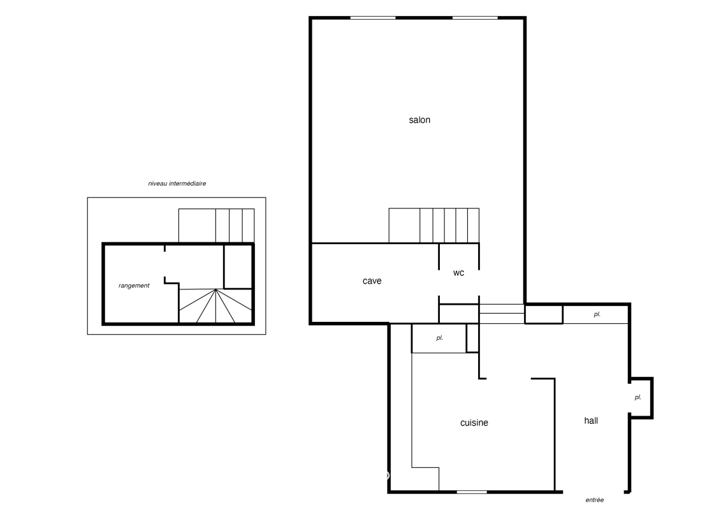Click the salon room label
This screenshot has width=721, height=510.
click(419, 120)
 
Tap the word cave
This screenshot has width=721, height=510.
click(372, 281)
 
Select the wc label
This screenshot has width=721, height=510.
click(458, 273)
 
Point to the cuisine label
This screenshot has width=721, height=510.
click(474, 423)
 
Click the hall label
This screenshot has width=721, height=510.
click(591, 420)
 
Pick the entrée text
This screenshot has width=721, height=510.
click(595, 500)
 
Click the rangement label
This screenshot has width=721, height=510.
click(134, 286)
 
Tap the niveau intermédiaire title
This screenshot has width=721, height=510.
click(177, 184)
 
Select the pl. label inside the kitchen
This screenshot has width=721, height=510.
click(440, 338)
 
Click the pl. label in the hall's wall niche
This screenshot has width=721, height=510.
click(637, 397)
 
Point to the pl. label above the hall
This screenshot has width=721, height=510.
click(597, 314)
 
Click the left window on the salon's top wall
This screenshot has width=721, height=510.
click(373, 18)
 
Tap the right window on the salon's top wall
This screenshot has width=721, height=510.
click(475, 18)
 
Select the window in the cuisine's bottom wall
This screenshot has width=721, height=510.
click(472, 492)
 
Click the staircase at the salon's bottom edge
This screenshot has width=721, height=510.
click(434, 225)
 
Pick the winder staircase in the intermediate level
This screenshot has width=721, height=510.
click(215, 306)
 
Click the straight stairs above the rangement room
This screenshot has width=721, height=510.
click(217, 225)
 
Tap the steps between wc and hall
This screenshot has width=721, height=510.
click(502, 314)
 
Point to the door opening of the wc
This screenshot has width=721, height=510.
click(479, 283)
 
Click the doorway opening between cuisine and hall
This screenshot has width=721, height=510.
click(509, 379)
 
